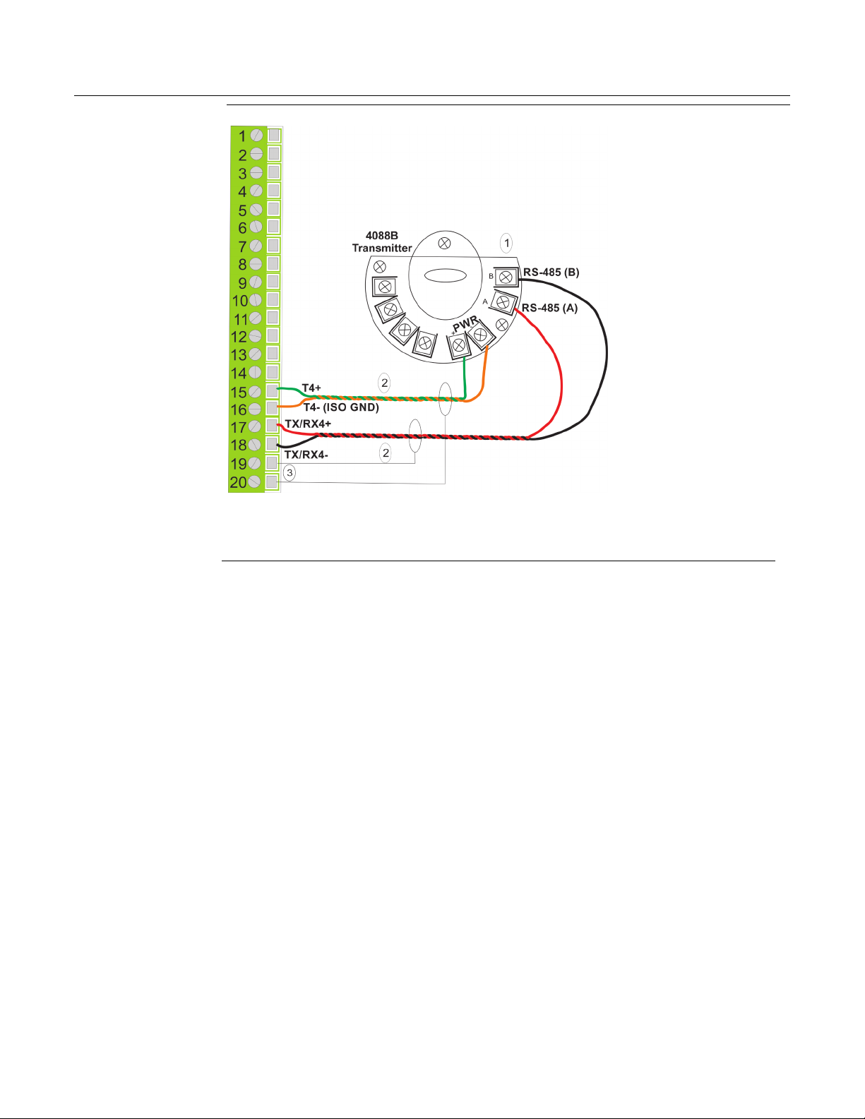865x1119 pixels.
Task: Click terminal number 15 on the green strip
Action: [239, 393]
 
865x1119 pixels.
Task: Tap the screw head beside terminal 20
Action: [253, 481]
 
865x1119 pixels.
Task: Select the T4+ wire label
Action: [311, 388]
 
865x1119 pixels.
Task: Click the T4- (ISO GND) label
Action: [341, 407]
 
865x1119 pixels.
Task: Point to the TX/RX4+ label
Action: [308, 424]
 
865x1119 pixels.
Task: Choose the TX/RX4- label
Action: [306, 455]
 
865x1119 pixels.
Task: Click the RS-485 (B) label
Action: [551, 273]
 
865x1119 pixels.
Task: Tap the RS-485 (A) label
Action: [550, 308]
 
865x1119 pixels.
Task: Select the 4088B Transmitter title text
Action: [381, 241]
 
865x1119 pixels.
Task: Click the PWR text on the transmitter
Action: [465, 324]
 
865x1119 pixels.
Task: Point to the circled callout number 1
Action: [507, 243]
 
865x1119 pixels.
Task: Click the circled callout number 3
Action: [290, 473]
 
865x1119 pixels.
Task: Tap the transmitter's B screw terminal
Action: [506, 277]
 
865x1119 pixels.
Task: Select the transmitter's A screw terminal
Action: [503, 302]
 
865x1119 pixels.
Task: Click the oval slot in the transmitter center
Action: [446, 275]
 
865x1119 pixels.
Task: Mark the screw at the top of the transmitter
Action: [444, 243]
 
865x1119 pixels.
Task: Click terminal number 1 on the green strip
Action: [242, 137]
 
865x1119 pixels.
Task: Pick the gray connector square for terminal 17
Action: [272, 425]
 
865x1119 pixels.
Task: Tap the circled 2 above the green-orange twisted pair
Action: [385, 383]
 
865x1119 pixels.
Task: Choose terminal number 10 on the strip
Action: [240, 301]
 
